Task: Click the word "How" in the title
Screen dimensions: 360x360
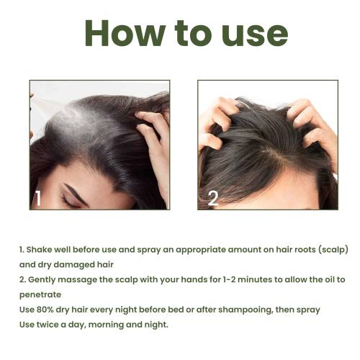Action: tap(125, 33)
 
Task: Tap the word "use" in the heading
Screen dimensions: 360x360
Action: tap(255, 36)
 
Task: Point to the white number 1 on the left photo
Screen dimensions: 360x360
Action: tap(37, 199)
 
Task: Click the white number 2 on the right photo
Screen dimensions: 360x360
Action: tap(213, 198)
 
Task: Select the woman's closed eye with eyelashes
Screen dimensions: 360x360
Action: tap(68, 201)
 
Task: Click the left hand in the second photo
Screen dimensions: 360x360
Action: tap(217, 125)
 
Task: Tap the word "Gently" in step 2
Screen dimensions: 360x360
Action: tap(42, 280)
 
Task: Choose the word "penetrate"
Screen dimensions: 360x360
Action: tap(40, 295)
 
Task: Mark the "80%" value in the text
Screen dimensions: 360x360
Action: tap(45, 310)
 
